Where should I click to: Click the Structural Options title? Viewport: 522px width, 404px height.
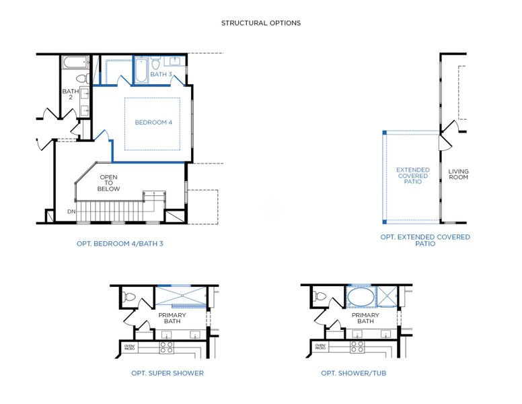(x=261, y=23)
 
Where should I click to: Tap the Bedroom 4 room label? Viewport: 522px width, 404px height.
(x=153, y=123)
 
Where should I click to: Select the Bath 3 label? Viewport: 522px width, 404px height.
(x=161, y=75)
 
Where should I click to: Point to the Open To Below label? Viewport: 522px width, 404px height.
(x=109, y=183)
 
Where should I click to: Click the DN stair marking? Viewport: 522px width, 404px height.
(x=71, y=212)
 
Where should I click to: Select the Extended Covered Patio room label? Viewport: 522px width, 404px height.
(x=412, y=176)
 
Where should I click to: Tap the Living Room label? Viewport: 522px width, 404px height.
(x=458, y=175)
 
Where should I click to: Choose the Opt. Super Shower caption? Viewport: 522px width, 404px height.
(x=167, y=373)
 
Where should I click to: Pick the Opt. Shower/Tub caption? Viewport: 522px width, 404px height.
(x=353, y=373)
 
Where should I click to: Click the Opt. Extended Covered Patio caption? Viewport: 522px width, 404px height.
(x=424, y=240)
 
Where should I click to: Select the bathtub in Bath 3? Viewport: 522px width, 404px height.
(x=141, y=71)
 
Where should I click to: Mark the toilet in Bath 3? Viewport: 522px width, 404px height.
(x=155, y=65)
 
